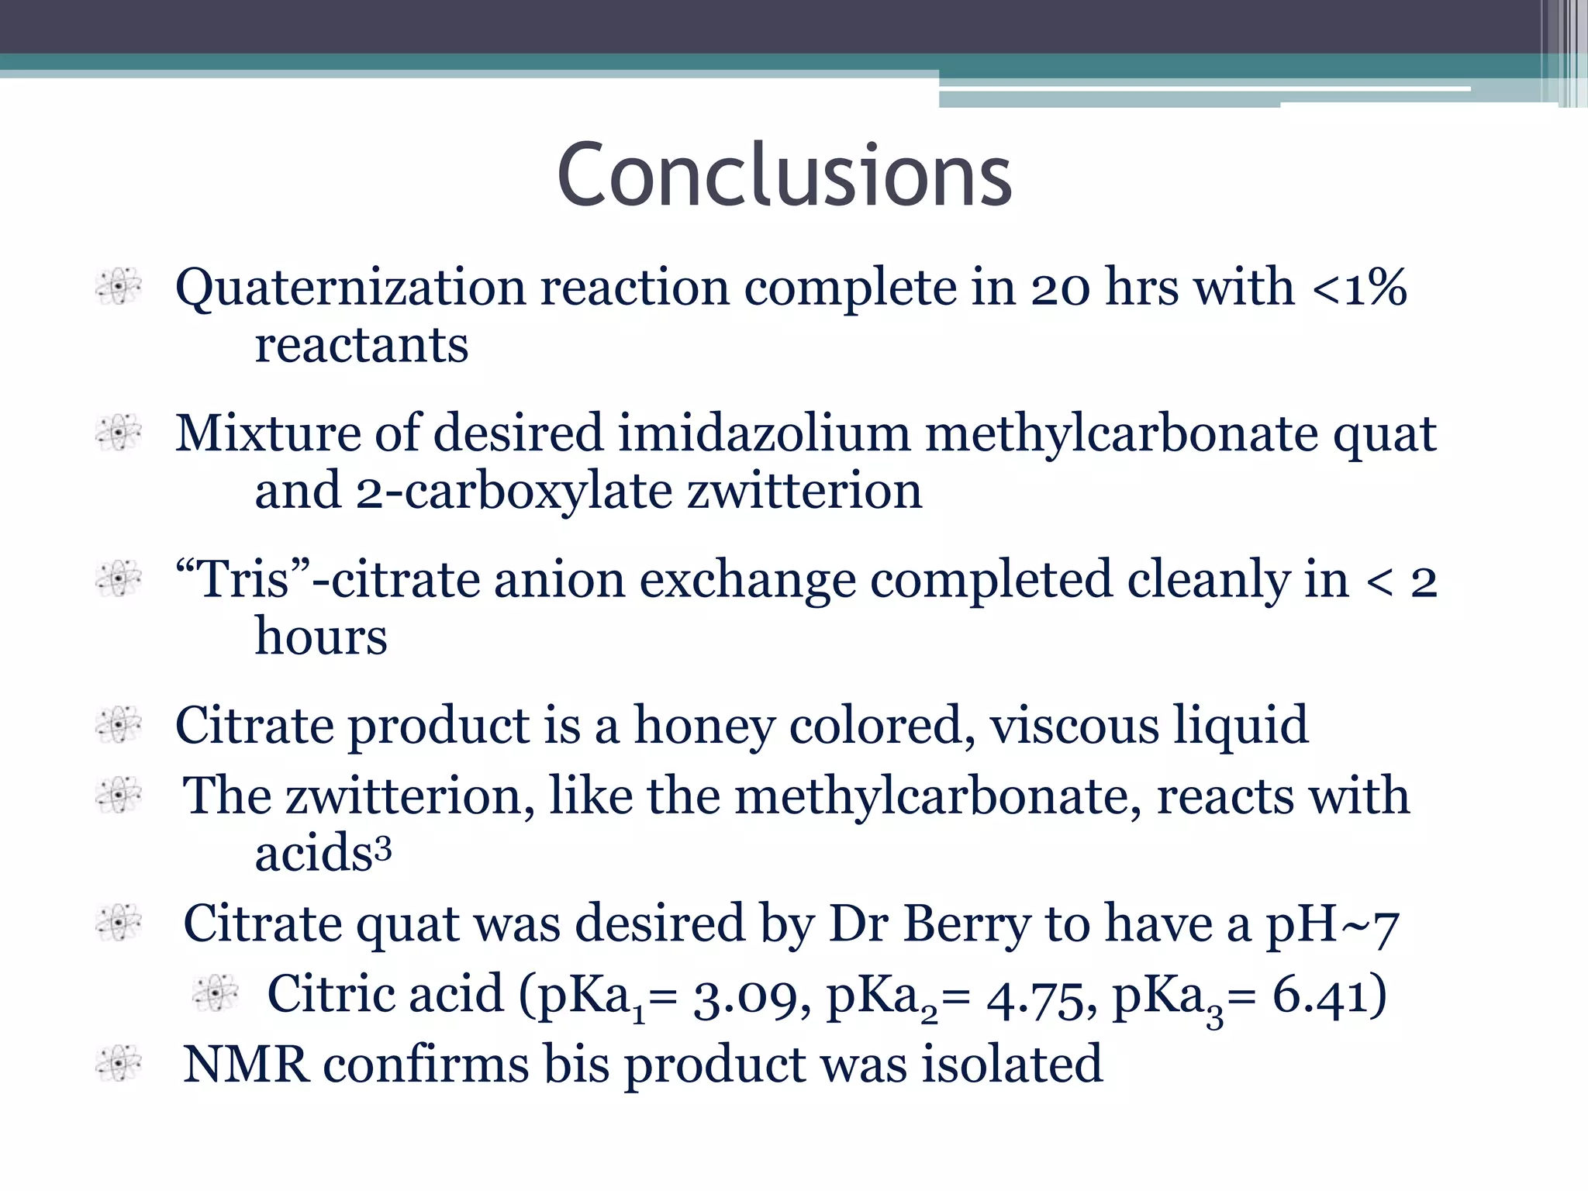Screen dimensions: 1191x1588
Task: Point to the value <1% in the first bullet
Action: click(1359, 288)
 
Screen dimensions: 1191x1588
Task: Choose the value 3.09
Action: click(745, 996)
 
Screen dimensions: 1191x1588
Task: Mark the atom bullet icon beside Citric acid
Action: click(216, 993)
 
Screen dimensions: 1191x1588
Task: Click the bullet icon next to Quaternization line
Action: click(119, 286)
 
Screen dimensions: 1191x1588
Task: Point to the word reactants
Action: click(361, 345)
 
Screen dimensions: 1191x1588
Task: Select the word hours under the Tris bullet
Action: click(321, 637)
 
